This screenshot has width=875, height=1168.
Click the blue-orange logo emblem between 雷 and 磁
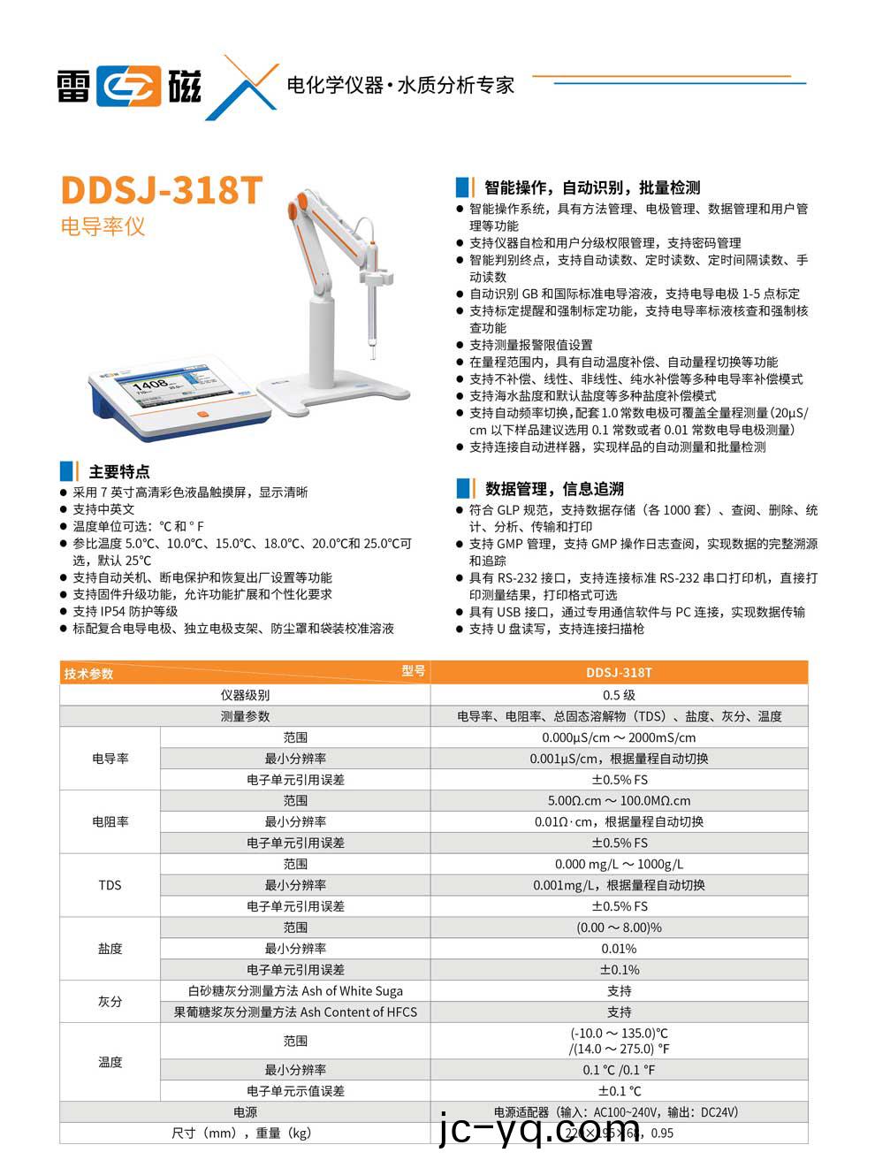tap(129, 87)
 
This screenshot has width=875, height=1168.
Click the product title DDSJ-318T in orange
tap(161, 190)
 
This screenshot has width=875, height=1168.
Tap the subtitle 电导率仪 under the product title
tap(103, 226)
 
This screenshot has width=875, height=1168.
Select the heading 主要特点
tap(119, 471)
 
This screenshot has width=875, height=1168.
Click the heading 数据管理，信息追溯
tap(554, 488)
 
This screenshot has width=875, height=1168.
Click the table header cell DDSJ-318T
tap(619, 673)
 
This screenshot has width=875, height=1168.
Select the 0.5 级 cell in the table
tap(619, 695)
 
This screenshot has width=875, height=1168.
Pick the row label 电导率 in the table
tap(110, 759)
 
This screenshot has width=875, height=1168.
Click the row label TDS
tap(110, 885)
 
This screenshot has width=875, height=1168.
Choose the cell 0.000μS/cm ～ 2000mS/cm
tap(619, 737)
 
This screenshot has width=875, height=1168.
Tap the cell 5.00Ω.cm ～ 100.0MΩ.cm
tap(619, 801)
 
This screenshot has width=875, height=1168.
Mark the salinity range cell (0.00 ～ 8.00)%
tap(619, 928)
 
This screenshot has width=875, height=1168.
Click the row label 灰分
tap(110, 1002)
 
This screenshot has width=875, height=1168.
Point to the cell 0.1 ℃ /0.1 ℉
tap(619, 1070)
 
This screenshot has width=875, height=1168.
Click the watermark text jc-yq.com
tap(538, 1130)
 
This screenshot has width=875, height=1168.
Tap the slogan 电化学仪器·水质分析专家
tap(400, 86)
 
